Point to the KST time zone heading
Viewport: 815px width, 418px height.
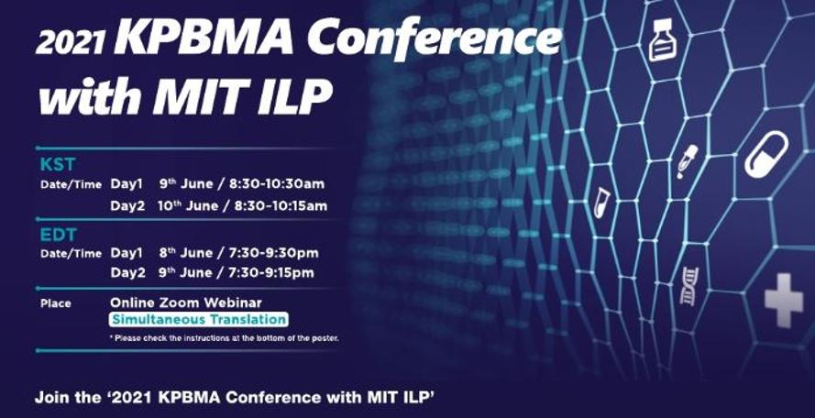tap(58, 164)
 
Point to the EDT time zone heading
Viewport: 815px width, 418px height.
tap(59, 235)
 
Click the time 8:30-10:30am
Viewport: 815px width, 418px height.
tap(277, 184)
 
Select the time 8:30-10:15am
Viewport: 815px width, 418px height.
tap(281, 206)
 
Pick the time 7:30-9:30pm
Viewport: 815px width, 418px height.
tap(273, 253)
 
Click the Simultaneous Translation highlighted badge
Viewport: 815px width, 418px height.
tap(198, 319)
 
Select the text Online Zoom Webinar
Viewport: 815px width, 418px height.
tap(186, 302)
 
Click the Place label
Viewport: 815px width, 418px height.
tap(56, 303)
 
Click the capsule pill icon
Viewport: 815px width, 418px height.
tap(766, 154)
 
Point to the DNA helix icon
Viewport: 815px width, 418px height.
tap(689, 286)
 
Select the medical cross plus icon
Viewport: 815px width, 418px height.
tap(783, 301)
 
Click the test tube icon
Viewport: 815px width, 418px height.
tap(602, 202)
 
